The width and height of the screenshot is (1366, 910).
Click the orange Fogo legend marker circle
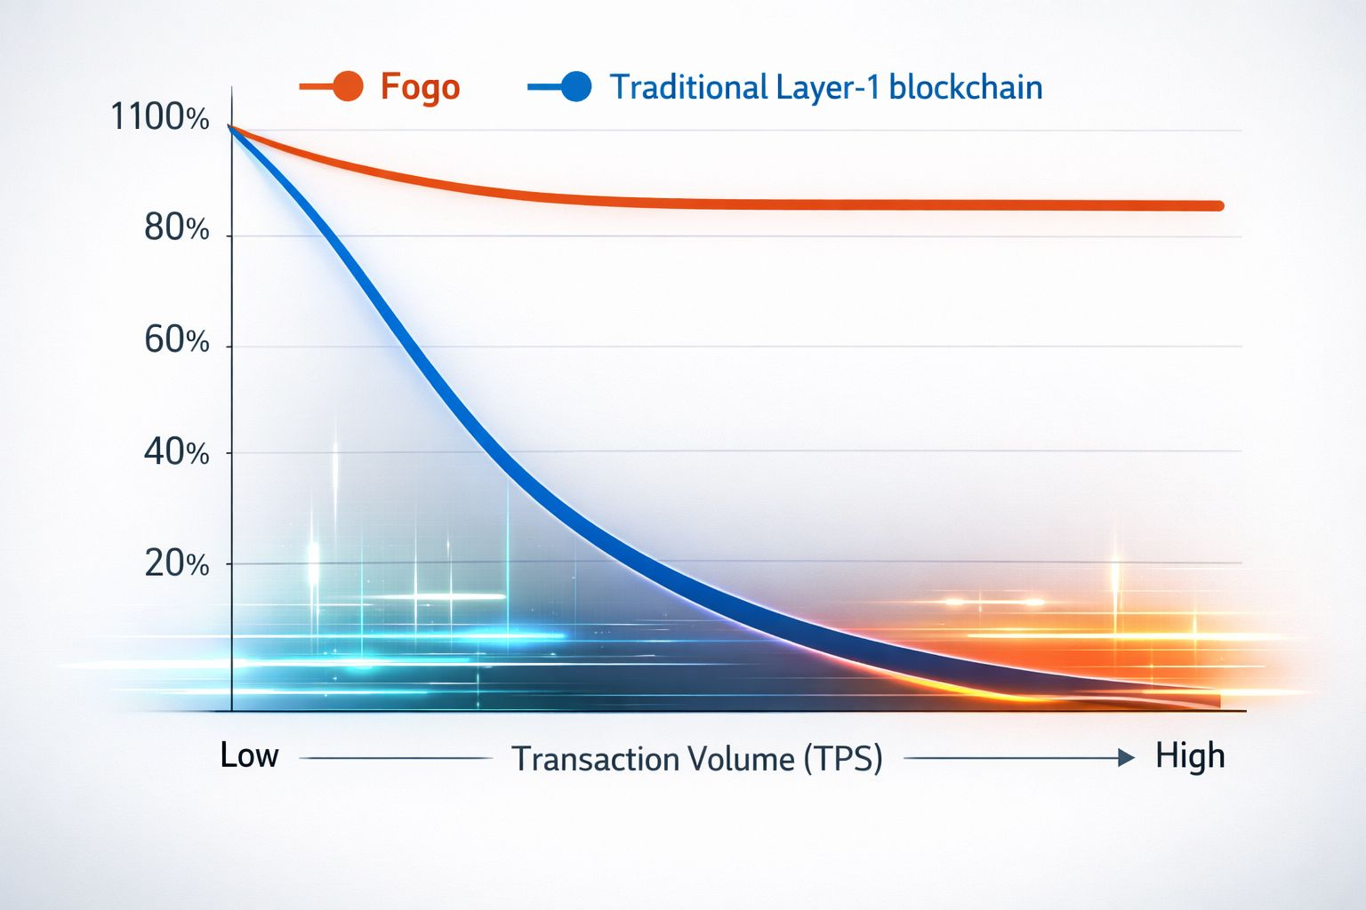[349, 86]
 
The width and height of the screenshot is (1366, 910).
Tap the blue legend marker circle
[576, 86]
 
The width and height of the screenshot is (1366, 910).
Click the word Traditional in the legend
[688, 86]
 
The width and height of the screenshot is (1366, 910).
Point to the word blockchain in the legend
[965, 86]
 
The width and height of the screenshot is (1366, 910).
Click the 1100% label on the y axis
[160, 116]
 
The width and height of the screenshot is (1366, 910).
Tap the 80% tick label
[177, 228]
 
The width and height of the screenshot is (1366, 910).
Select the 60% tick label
[177, 339]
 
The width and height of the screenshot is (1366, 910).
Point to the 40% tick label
[177, 452]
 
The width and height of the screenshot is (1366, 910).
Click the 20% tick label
[177, 563]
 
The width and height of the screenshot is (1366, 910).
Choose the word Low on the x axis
[249, 755]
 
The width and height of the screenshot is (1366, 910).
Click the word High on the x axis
[1191, 756]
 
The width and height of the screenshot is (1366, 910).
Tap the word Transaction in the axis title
[596, 759]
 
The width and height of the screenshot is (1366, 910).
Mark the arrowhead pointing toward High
[1127, 758]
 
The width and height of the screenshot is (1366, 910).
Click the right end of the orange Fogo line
[1219, 206]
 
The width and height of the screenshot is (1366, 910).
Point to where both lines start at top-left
[230, 127]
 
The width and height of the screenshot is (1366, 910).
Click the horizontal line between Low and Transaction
[397, 758]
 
